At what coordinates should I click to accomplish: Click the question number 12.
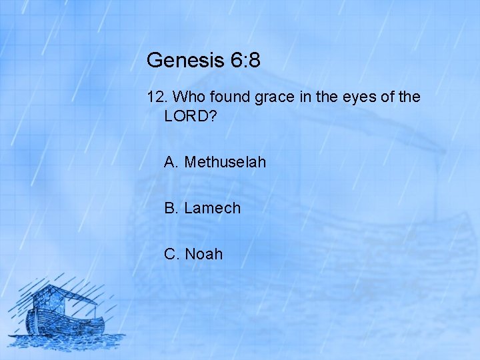pyautogui.click(x=157, y=97)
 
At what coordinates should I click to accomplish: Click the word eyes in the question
pyautogui.click(x=357, y=97)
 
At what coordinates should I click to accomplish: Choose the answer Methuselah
pyautogui.click(x=225, y=162)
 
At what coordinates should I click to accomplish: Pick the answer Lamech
pyautogui.click(x=212, y=208)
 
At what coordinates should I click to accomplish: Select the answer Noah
pyautogui.click(x=203, y=254)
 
